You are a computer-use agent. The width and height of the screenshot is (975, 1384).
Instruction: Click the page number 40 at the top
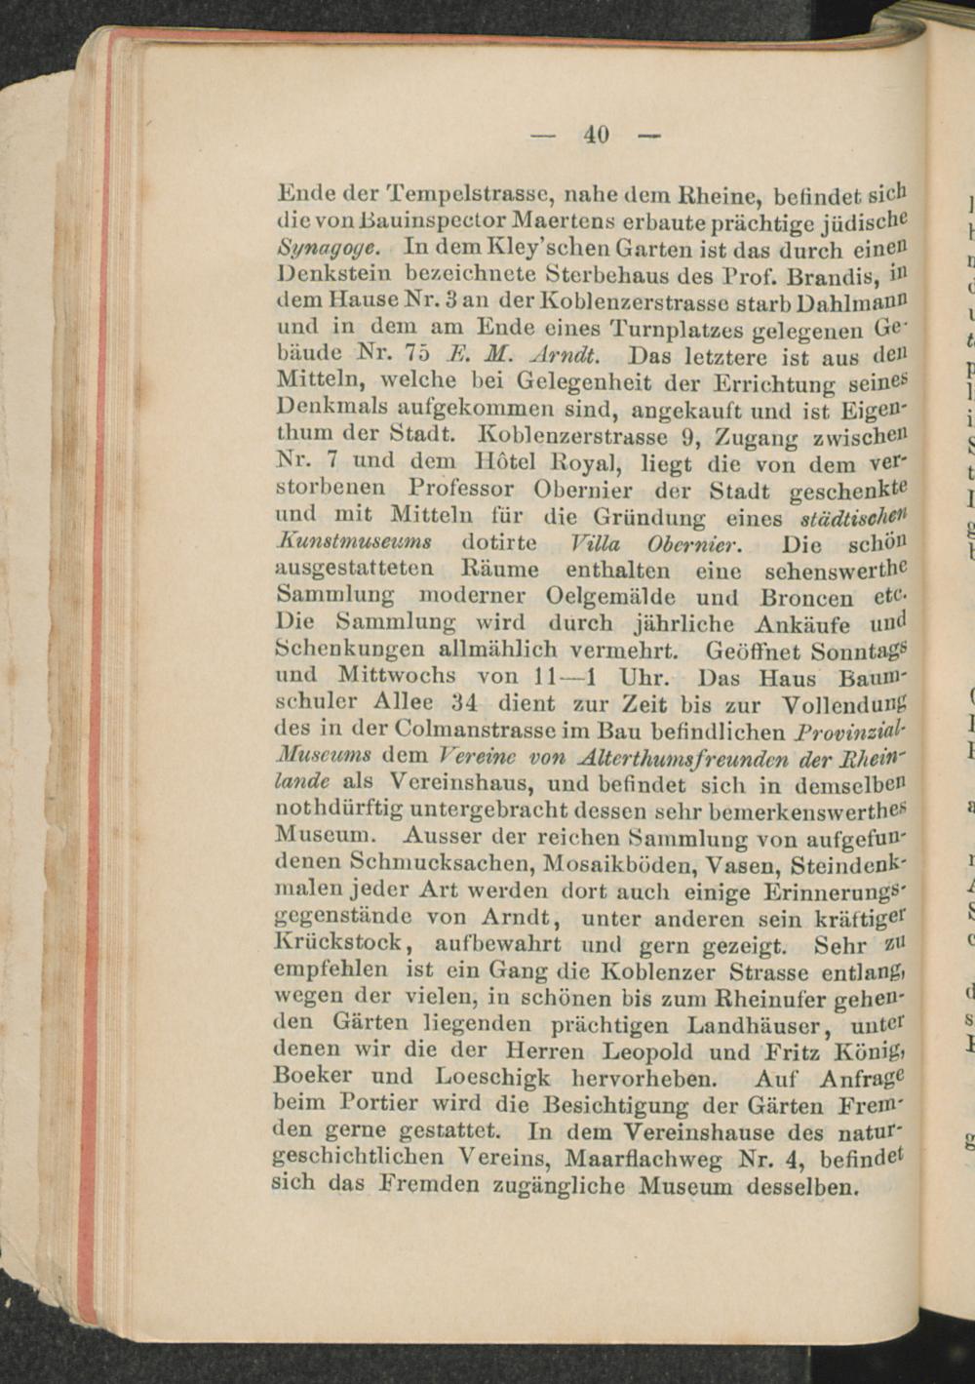tap(596, 135)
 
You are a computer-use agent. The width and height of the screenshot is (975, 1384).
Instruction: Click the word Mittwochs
tap(396, 675)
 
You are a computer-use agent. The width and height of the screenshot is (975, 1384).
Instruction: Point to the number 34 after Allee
tap(461, 702)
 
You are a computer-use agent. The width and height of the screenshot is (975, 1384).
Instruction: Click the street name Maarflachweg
tap(643, 1161)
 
